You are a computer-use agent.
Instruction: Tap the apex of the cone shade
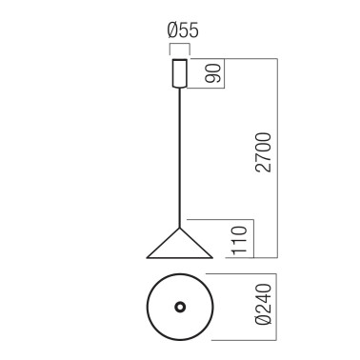coord(178,228)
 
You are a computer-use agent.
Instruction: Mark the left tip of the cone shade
coord(147,256)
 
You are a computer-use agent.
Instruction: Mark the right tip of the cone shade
coord(210,256)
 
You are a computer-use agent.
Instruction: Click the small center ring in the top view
coord(178,307)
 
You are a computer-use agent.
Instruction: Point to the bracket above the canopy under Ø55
coord(178,49)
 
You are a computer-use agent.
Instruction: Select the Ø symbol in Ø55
coord(164,34)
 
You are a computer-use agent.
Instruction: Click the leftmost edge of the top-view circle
coord(147,307)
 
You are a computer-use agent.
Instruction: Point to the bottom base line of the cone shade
coord(178,257)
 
